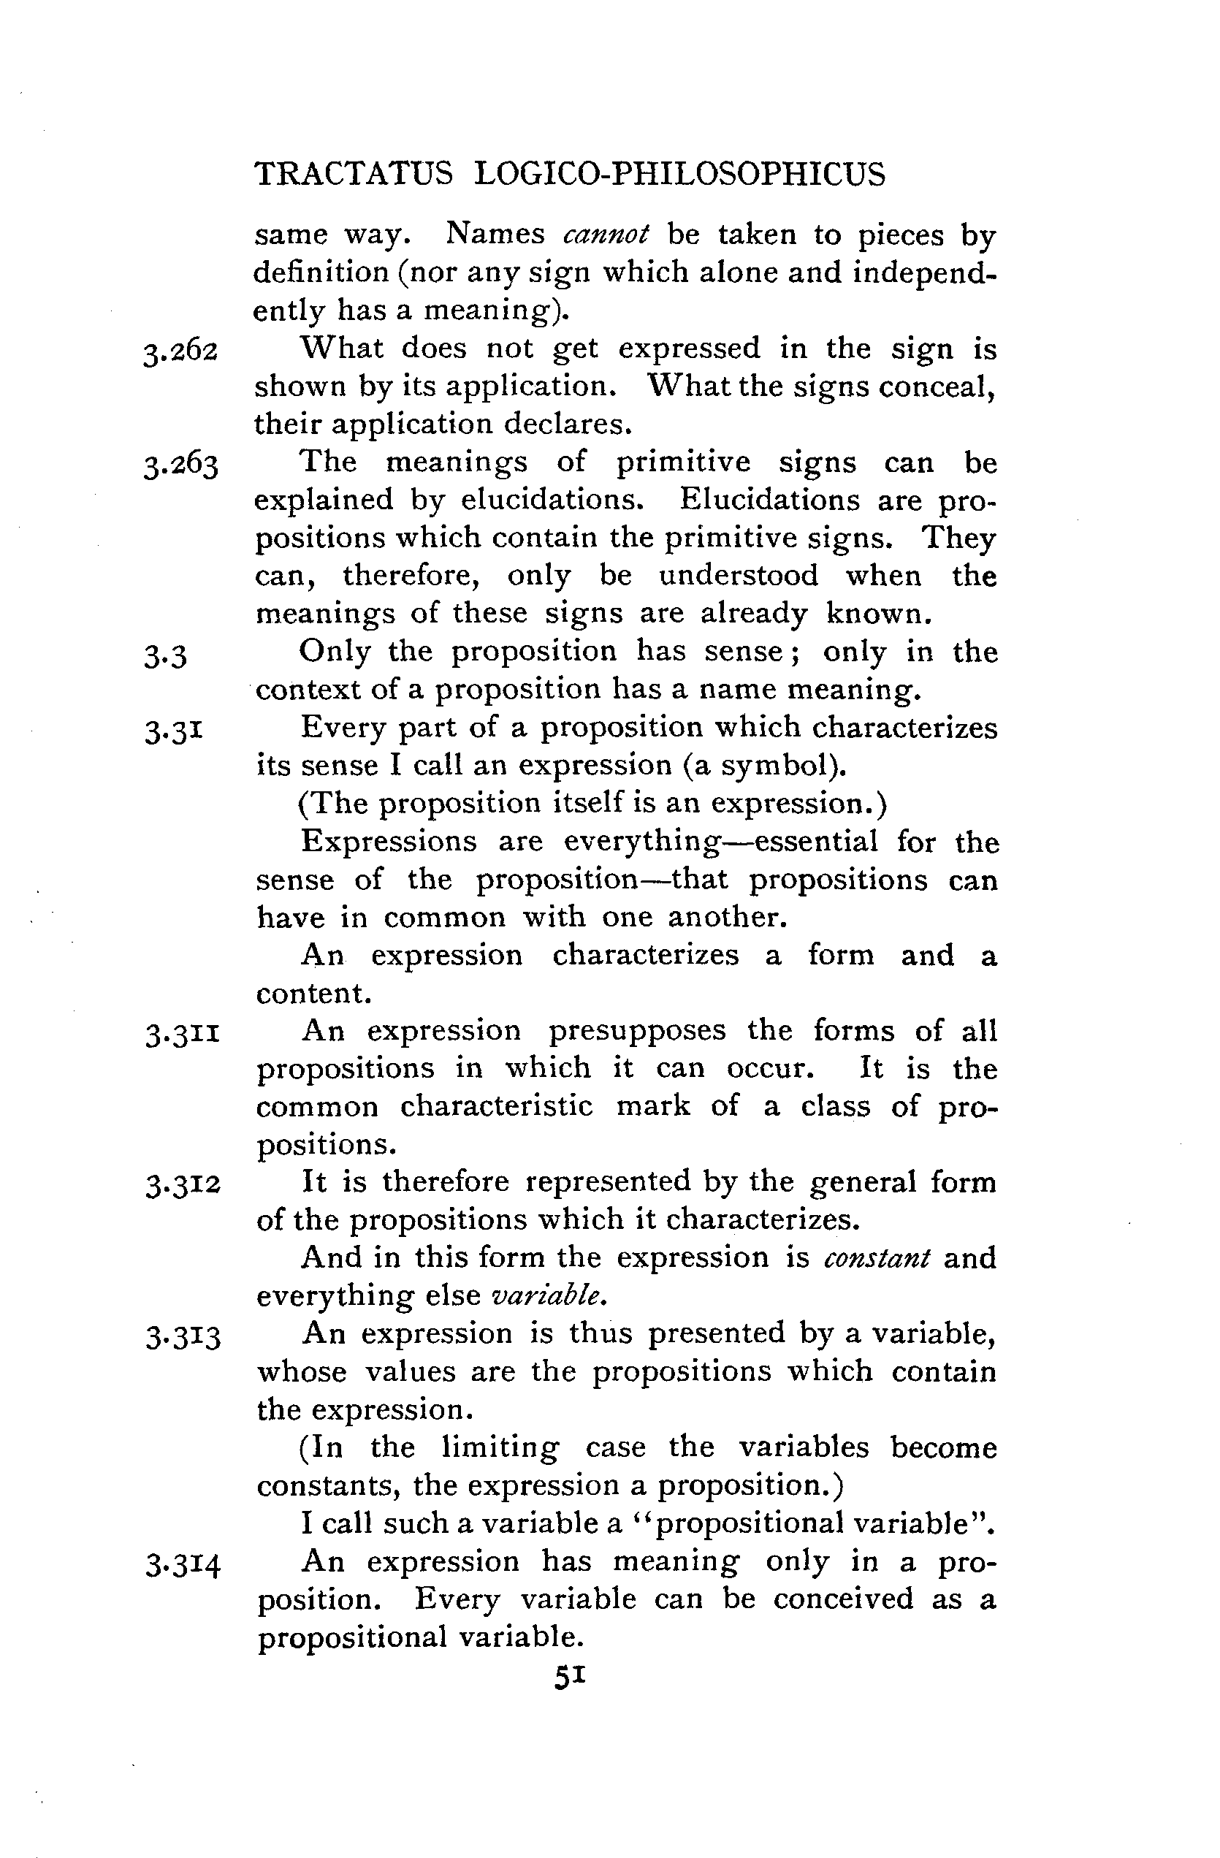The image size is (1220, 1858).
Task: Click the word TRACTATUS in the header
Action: (354, 173)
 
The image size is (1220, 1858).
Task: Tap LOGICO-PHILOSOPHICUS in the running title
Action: (680, 173)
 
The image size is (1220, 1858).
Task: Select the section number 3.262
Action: (180, 351)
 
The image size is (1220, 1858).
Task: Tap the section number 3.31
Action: (174, 731)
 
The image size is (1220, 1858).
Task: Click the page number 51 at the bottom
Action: (569, 1677)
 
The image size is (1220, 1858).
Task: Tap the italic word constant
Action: (877, 1258)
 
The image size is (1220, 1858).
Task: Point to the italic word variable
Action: (547, 1296)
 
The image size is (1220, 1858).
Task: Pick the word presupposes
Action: (637, 1030)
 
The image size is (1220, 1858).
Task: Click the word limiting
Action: (500, 1447)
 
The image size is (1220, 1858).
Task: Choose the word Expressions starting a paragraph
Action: (389, 842)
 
